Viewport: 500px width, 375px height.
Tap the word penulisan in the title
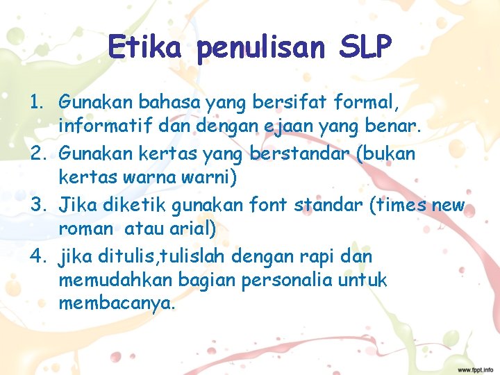260,48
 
